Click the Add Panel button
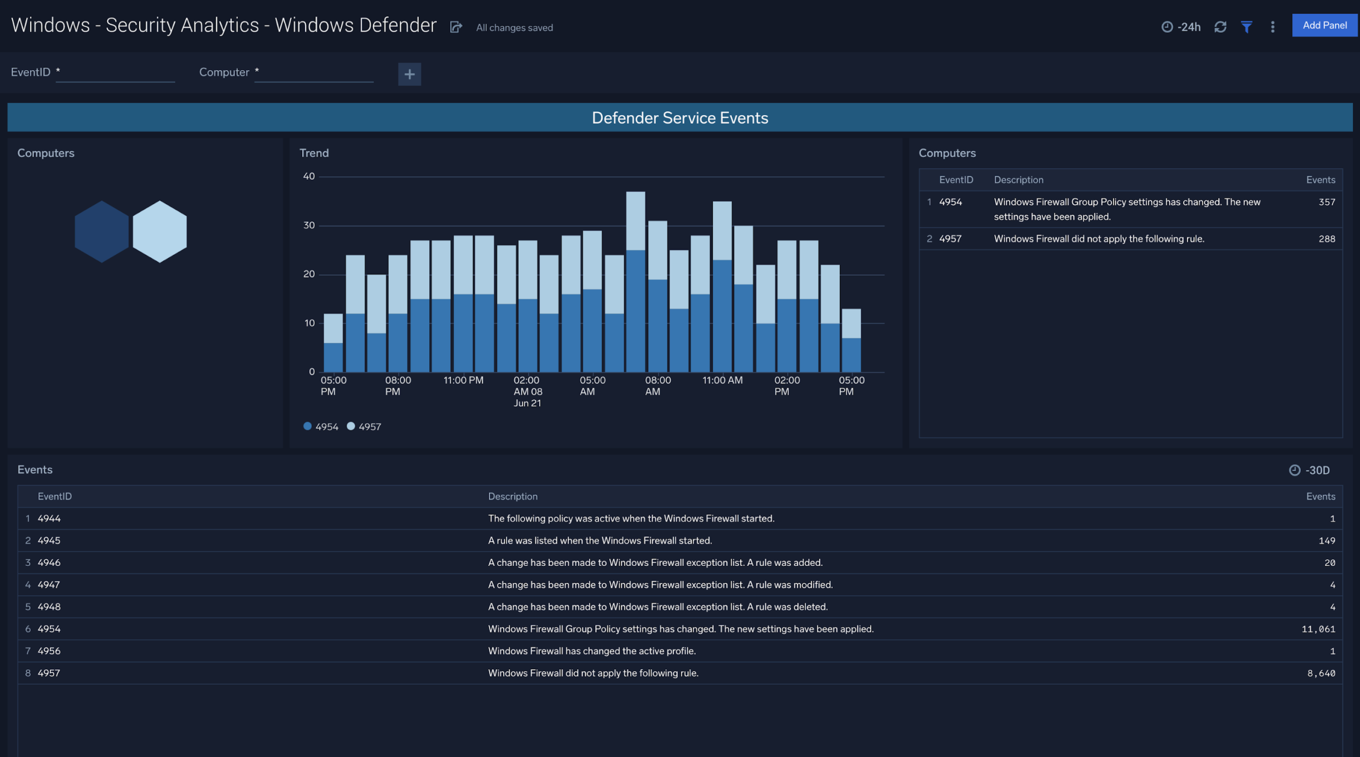1324,25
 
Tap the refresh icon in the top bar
1220,27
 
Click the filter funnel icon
1246,27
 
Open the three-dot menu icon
1272,27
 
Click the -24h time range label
1182,27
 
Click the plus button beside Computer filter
409,74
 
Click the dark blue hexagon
101,231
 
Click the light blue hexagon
160,231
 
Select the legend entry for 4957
364,427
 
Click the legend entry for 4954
321,427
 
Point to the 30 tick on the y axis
309,225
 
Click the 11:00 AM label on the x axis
722,380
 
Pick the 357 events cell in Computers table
1326,202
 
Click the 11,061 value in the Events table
1318,629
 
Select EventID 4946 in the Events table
49,563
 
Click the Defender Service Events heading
679,118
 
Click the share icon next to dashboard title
456,27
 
